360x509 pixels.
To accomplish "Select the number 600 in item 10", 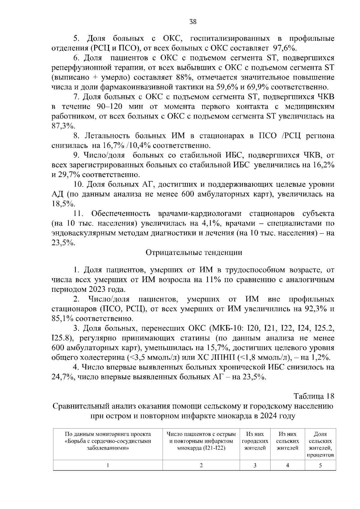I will pos(189,194).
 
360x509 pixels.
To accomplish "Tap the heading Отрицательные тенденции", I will pos(194,253).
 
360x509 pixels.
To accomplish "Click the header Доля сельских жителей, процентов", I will pos(320,445).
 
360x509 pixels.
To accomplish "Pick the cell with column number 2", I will pos(201,465).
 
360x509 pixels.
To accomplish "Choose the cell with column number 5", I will pos(320,465).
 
